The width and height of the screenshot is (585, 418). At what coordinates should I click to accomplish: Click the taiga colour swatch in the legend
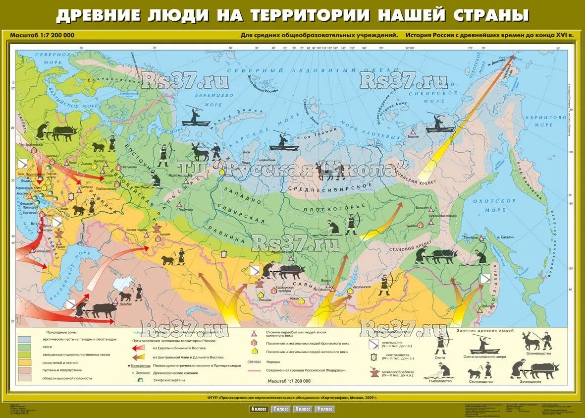pyautogui.click(x=24, y=347)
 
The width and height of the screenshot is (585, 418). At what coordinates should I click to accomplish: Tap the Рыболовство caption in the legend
pyautogui.click(x=436, y=381)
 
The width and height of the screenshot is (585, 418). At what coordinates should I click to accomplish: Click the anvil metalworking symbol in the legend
pyautogui.click(x=374, y=371)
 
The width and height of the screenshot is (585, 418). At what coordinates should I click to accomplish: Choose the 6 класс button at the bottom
pyautogui.click(x=259, y=409)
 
